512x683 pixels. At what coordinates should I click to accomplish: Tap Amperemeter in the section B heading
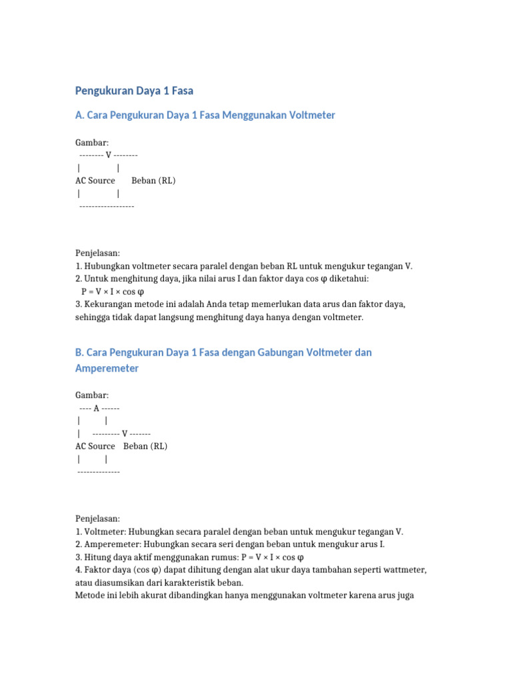pos(107,368)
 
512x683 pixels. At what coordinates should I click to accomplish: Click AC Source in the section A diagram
pos(95,181)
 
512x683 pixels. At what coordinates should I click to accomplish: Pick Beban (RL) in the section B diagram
pos(145,446)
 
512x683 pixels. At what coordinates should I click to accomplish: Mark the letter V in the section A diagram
pos(108,155)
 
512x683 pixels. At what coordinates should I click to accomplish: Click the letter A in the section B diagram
pos(97,408)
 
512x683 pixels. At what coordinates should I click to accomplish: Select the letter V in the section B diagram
pos(125,434)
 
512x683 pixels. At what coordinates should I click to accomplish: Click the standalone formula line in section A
pos(113,291)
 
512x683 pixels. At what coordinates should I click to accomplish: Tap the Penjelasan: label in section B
pos(97,518)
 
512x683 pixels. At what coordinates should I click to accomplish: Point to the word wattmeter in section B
pos(405,570)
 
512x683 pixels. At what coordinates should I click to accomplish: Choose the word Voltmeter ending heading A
pos(313,115)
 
